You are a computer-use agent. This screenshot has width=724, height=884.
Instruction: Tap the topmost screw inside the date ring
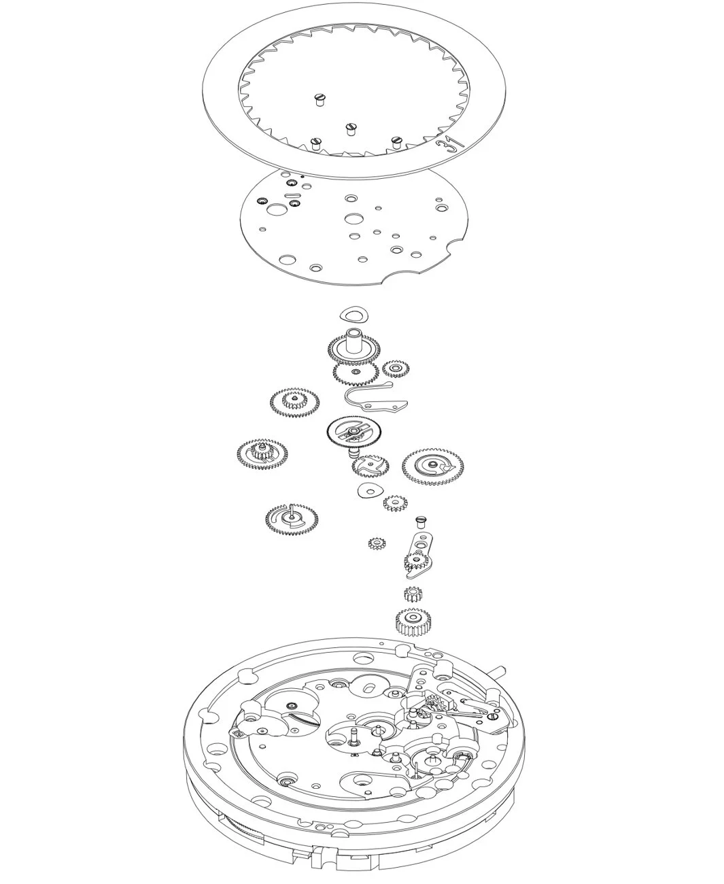click(320, 99)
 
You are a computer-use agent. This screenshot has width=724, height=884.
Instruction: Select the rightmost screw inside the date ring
click(396, 142)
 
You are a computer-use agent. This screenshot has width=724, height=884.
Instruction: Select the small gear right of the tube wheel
click(396, 369)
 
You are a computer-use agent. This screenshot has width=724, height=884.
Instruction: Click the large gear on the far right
click(432, 466)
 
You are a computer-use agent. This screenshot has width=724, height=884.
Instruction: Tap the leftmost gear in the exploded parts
click(262, 456)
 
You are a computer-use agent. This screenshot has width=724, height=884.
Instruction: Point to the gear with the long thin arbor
click(291, 520)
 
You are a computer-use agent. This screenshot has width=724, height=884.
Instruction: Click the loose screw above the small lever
click(420, 522)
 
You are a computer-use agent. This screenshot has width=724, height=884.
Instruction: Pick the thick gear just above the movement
click(413, 622)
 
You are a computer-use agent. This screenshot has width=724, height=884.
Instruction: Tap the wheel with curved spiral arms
click(370, 466)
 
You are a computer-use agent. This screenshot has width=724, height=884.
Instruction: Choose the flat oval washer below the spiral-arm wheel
click(368, 490)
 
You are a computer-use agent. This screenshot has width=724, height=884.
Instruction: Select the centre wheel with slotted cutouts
click(354, 432)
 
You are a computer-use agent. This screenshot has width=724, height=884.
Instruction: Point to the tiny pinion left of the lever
click(377, 544)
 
